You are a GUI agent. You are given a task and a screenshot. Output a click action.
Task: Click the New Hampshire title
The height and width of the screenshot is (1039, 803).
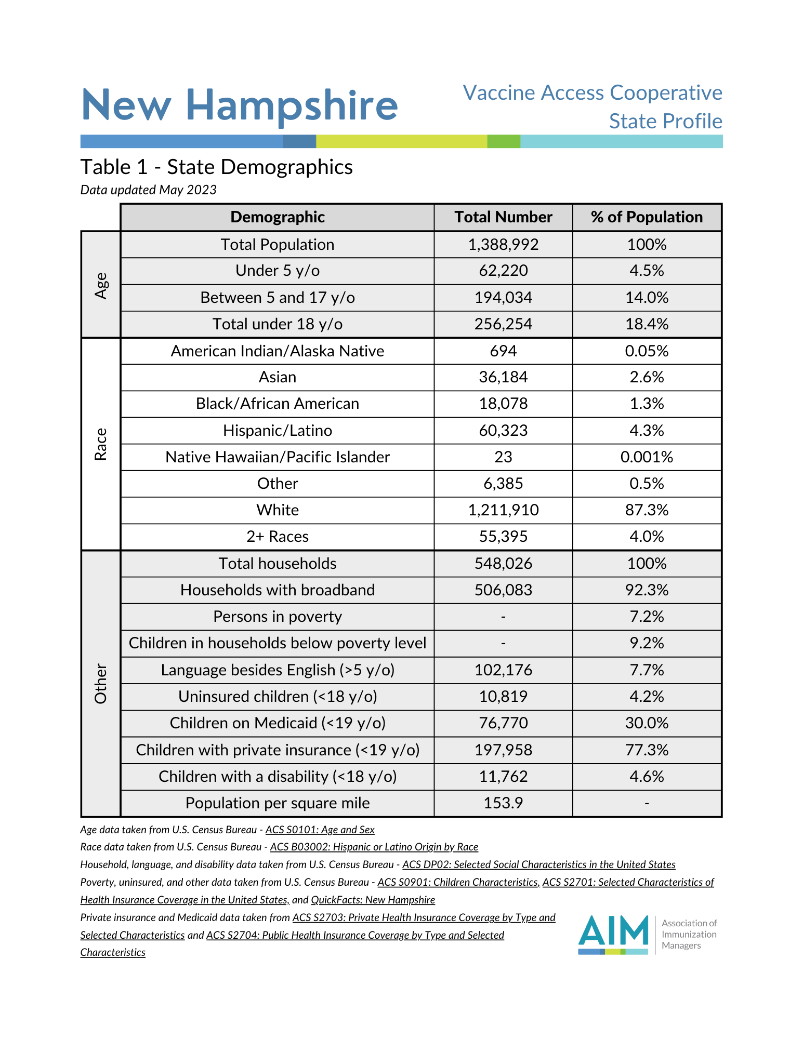240,105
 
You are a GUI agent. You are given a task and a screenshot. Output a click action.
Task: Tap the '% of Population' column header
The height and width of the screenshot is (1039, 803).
647,217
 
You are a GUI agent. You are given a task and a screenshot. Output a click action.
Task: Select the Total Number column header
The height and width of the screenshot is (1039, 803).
503,217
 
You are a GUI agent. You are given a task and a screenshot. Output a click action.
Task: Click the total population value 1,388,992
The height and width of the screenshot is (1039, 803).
503,245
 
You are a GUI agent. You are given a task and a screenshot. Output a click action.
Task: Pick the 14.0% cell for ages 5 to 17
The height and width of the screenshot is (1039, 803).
647,298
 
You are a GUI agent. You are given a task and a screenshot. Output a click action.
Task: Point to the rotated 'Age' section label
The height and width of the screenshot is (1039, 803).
101,285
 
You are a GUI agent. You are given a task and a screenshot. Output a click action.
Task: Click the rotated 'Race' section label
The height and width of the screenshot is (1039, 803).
101,444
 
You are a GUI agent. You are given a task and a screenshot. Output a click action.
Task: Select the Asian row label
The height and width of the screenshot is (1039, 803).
278,377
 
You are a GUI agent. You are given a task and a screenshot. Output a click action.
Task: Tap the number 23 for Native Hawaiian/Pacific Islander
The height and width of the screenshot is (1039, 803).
503,457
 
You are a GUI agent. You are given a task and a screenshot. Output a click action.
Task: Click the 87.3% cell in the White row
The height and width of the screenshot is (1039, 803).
647,510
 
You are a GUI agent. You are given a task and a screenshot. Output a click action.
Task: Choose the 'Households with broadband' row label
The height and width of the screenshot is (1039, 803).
278,590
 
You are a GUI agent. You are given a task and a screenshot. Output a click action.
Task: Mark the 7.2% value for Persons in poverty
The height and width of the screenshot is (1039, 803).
647,617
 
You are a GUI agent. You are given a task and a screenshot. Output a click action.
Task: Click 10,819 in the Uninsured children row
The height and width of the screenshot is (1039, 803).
503,697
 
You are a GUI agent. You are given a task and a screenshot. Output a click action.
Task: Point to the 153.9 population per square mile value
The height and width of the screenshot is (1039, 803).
503,803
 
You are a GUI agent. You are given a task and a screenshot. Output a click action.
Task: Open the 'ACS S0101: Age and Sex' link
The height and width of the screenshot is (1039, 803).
320,830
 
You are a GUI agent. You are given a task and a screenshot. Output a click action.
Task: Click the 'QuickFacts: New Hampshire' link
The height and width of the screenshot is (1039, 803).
373,900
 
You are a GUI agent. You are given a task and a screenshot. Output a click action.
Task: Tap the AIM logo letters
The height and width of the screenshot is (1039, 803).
613,931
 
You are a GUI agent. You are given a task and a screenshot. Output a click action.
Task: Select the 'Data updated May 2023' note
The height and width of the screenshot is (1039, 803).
148,190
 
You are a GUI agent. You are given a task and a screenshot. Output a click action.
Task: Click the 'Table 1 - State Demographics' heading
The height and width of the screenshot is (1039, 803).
216,167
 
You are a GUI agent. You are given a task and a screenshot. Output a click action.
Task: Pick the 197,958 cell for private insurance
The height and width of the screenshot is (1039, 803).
503,750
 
